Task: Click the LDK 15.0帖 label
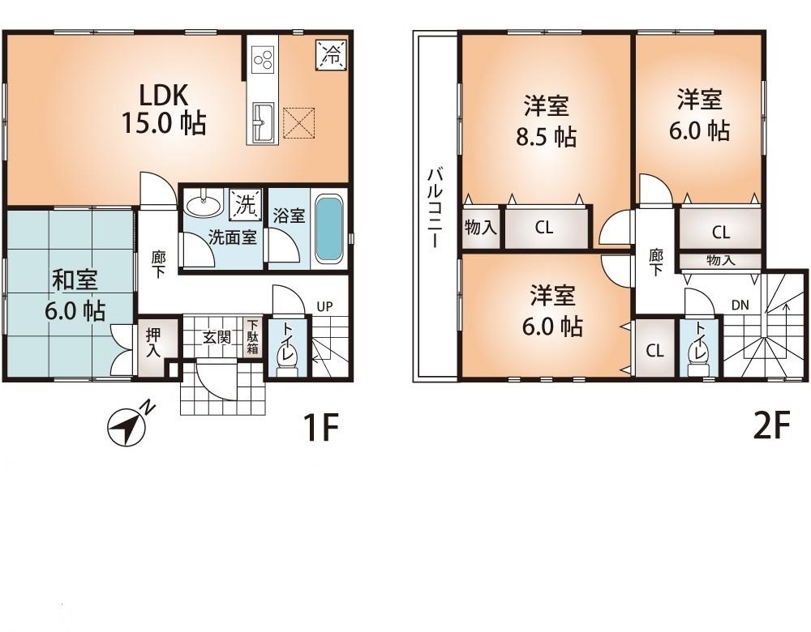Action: (163, 109)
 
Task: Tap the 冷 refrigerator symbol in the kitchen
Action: (331, 54)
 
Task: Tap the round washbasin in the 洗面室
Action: (201, 204)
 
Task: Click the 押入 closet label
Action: (152, 343)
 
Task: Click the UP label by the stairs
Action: (324, 307)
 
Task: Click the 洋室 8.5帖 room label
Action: (545, 120)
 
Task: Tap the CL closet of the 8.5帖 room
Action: (544, 228)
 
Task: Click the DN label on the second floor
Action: (740, 306)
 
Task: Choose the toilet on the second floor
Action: (696, 353)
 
